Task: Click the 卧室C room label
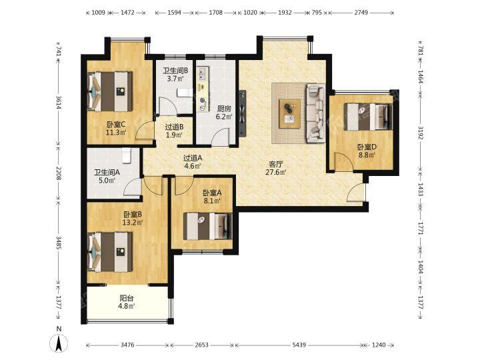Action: pyautogui.click(x=116, y=129)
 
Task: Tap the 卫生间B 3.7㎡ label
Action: pyautogui.click(x=175, y=75)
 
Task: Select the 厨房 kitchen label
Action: pyautogui.click(x=224, y=113)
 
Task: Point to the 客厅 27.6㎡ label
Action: pyautogui.click(x=275, y=168)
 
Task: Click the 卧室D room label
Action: pyautogui.click(x=367, y=151)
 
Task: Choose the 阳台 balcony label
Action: pyautogui.click(x=127, y=302)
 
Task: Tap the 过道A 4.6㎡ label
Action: pyautogui.click(x=193, y=162)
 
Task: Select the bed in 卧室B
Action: pyautogui.click(x=110, y=252)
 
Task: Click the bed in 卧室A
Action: pyautogui.click(x=208, y=226)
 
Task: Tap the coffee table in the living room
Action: pyautogui.click(x=289, y=113)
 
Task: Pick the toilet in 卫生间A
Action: pyautogui.click(x=127, y=155)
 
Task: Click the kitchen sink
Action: pyautogui.click(x=203, y=73)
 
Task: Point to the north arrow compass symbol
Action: pyautogui.click(x=59, y=343)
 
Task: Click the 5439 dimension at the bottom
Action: pyautogui.click(x=299, y=345)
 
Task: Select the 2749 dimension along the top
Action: pyautogui.click(x=361, y=13)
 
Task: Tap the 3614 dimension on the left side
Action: pyautogui.click(x=59, y=103)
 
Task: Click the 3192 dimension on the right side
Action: pyautogui.click(x=421, y=132)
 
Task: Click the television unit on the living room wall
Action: pyautogui.click(x=243, y=113)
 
